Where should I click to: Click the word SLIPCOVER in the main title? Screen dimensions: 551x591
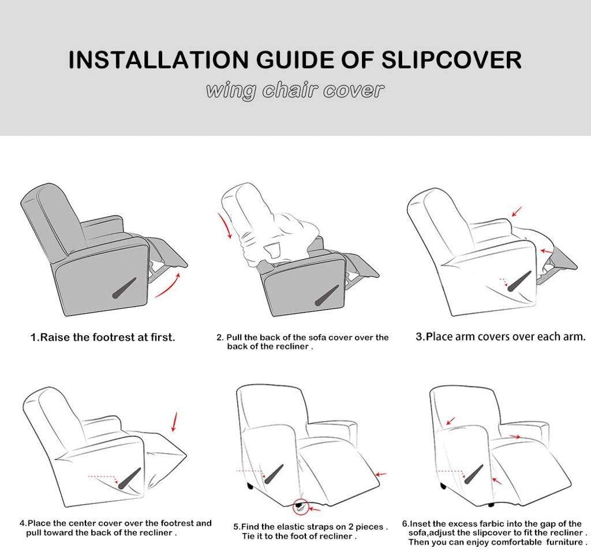(451, 60)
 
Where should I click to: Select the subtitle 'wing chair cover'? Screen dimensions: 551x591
(295, 91)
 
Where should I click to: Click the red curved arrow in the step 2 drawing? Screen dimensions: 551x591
(226, 225)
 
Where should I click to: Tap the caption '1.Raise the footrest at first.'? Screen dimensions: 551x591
(103, 337)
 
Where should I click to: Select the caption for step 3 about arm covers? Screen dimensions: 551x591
(500, 337)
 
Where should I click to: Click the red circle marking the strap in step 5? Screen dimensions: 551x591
(300, 507)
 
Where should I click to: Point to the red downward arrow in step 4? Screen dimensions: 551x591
(174, 422)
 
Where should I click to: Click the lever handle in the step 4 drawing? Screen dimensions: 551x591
(128, 480)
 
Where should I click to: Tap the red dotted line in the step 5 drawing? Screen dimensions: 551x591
(248, 471)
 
